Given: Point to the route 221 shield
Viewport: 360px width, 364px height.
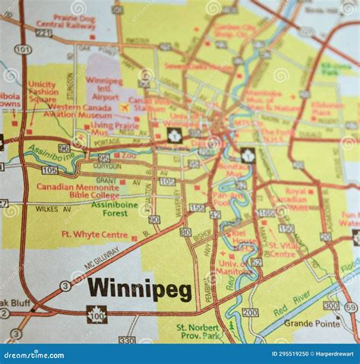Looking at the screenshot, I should [x=44, y=33].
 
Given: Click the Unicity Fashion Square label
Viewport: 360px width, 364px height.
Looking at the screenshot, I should [x=43, y=92].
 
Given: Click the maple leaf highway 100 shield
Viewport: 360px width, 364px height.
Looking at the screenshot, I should [x=96, y=314].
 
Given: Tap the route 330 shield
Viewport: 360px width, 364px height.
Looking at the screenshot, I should [x=128, y=340].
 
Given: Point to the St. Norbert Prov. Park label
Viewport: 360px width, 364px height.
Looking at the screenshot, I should [x=199, y=331].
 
